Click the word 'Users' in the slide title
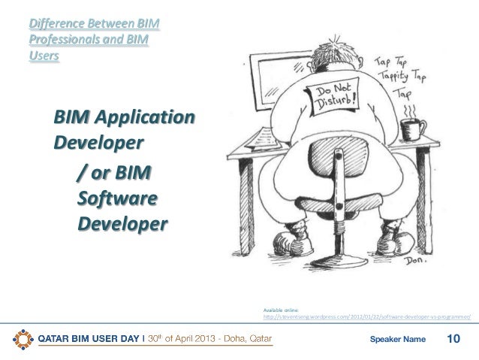click(x=43, y=56)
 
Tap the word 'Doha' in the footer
click(x=227, y=340)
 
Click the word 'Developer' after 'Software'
click(x=122, y=225)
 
